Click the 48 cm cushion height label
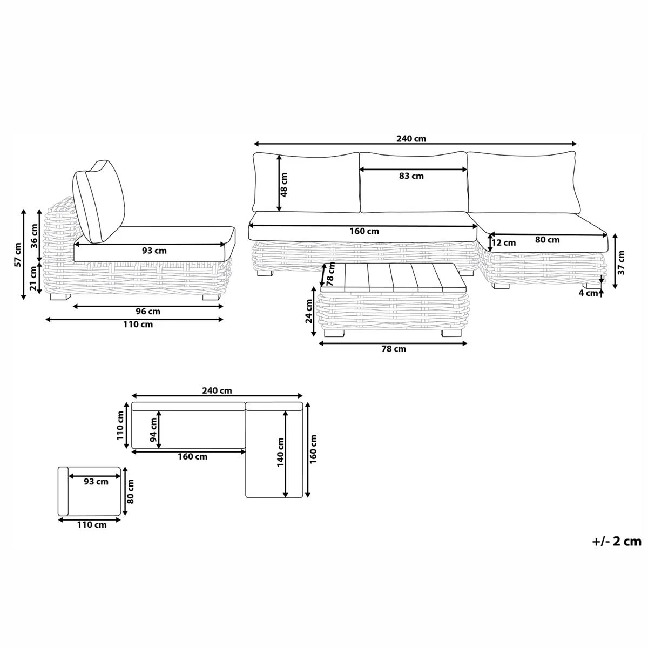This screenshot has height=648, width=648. coord(285,185)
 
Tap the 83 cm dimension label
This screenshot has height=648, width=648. coord(411,176)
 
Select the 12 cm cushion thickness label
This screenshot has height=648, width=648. coord(503,242)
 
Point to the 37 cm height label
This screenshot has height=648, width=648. coord(622,262)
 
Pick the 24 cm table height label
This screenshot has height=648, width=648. coord(309,312)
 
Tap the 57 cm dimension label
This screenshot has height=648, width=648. coord(18,254)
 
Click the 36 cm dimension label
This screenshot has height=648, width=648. coord(34,235)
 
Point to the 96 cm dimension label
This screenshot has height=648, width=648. coord(147,311)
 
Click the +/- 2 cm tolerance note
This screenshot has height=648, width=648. coord(616,541)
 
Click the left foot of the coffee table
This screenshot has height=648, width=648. coord(333,333)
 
